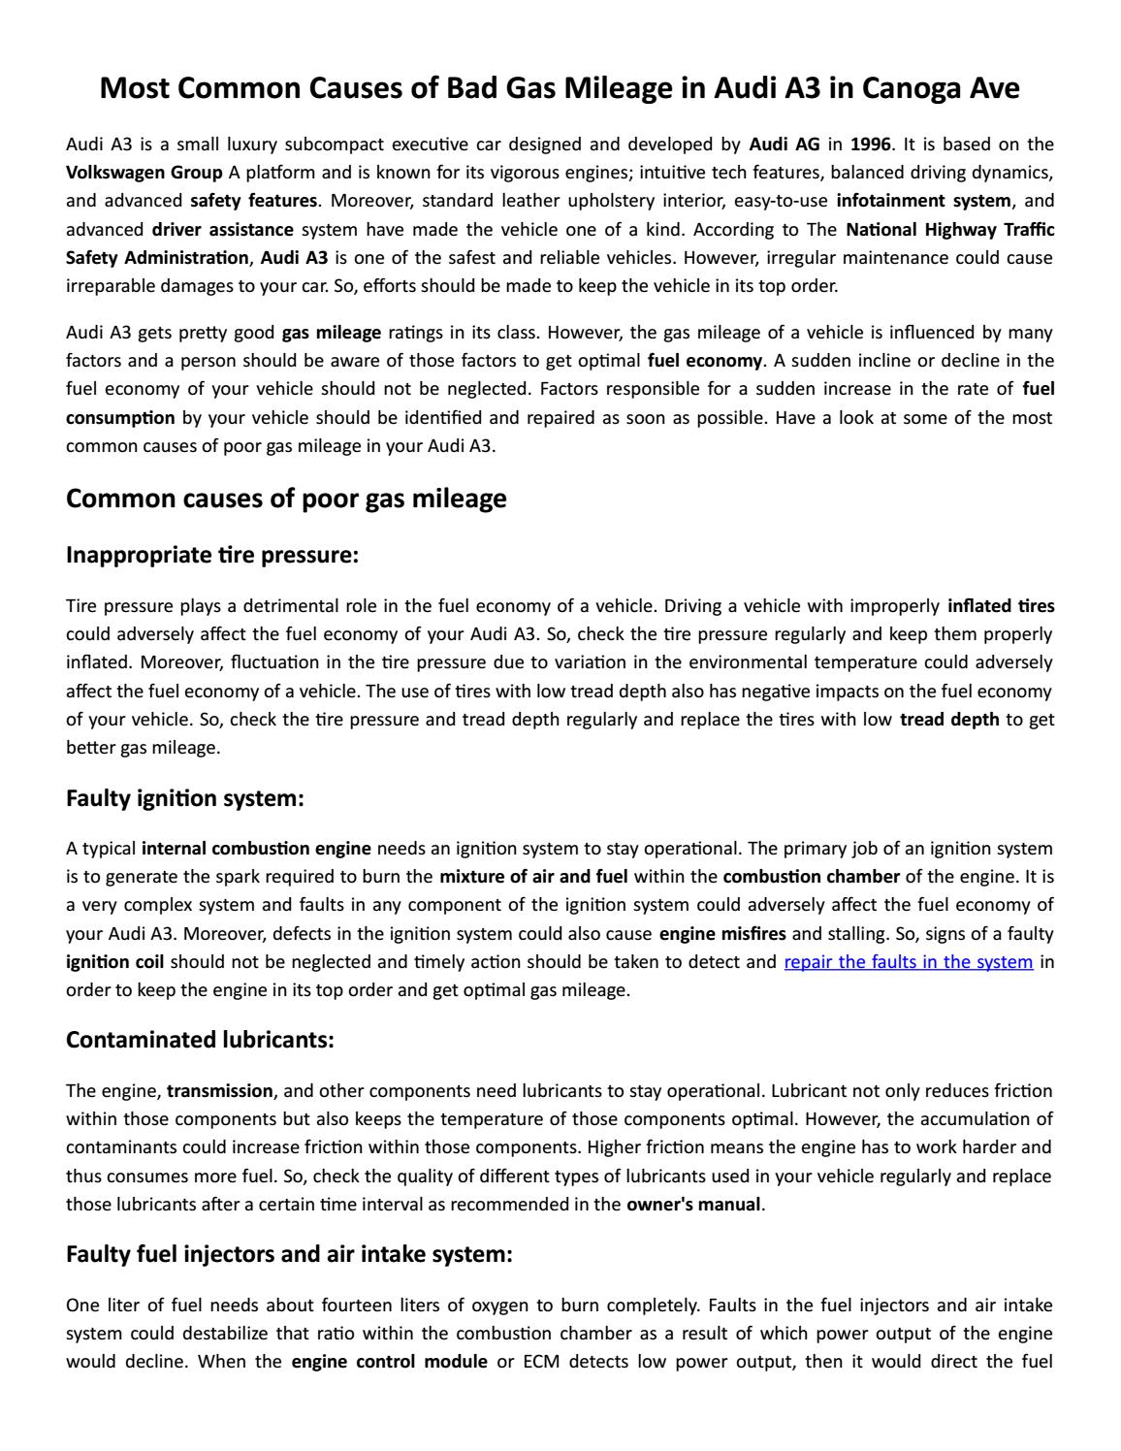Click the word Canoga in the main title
coord(909,88)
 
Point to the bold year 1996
coord(870,145)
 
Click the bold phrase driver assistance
coord(222,230)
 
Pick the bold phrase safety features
coord(253,201)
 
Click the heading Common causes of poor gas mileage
coord(286,499)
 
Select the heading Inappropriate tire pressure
coord(212,555)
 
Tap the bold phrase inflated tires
coord(1001,606)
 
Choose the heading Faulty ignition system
coord(185,798)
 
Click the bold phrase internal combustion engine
coord(256,849)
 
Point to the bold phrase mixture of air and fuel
coord(533,877)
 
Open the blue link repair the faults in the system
coord(908,962)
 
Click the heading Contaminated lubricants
coord(200,1040)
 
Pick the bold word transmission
coord(220,1090)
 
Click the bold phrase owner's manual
coord(693,1205)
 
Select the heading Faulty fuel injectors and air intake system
coord(289,1254)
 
